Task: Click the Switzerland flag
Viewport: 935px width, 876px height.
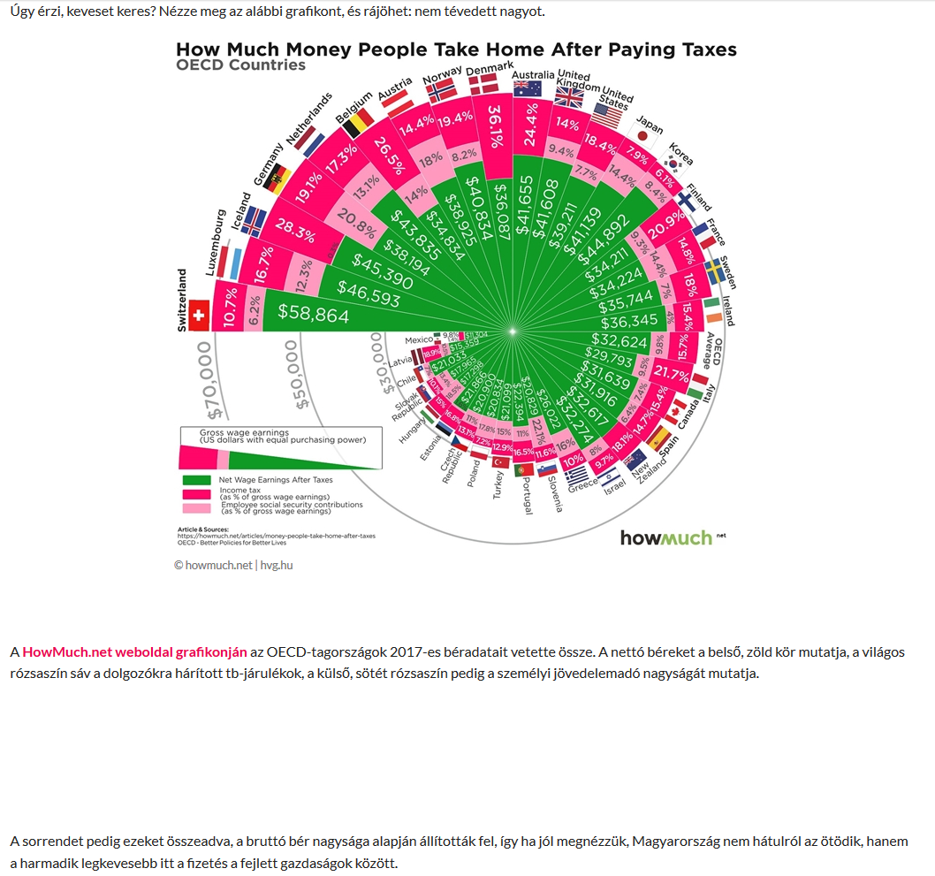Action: pos(198,316)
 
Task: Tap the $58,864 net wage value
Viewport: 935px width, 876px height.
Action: pos(314,314)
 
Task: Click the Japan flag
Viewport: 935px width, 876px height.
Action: pos(650,134)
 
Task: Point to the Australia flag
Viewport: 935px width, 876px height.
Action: pos(527,88)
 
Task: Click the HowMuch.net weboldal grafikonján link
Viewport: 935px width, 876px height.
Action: pos(134,651)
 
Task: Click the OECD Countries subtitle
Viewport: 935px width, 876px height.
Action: pos(240,65)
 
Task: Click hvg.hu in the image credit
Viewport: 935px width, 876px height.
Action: pos(276,565)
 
